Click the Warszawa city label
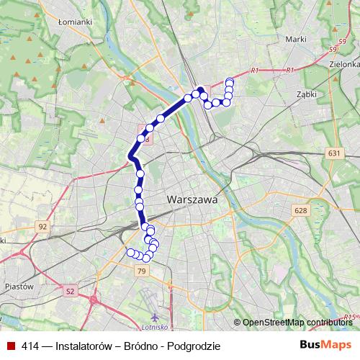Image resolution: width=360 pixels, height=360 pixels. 192,199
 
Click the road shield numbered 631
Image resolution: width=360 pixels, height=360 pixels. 333,153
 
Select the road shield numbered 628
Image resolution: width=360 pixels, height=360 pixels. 300,210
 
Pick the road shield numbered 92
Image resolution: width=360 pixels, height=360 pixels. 43,227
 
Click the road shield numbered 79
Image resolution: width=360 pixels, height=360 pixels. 140,271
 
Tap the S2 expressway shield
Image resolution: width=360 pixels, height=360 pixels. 70,291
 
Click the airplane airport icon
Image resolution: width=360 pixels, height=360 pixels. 156,316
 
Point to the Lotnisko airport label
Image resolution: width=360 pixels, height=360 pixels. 156,306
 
